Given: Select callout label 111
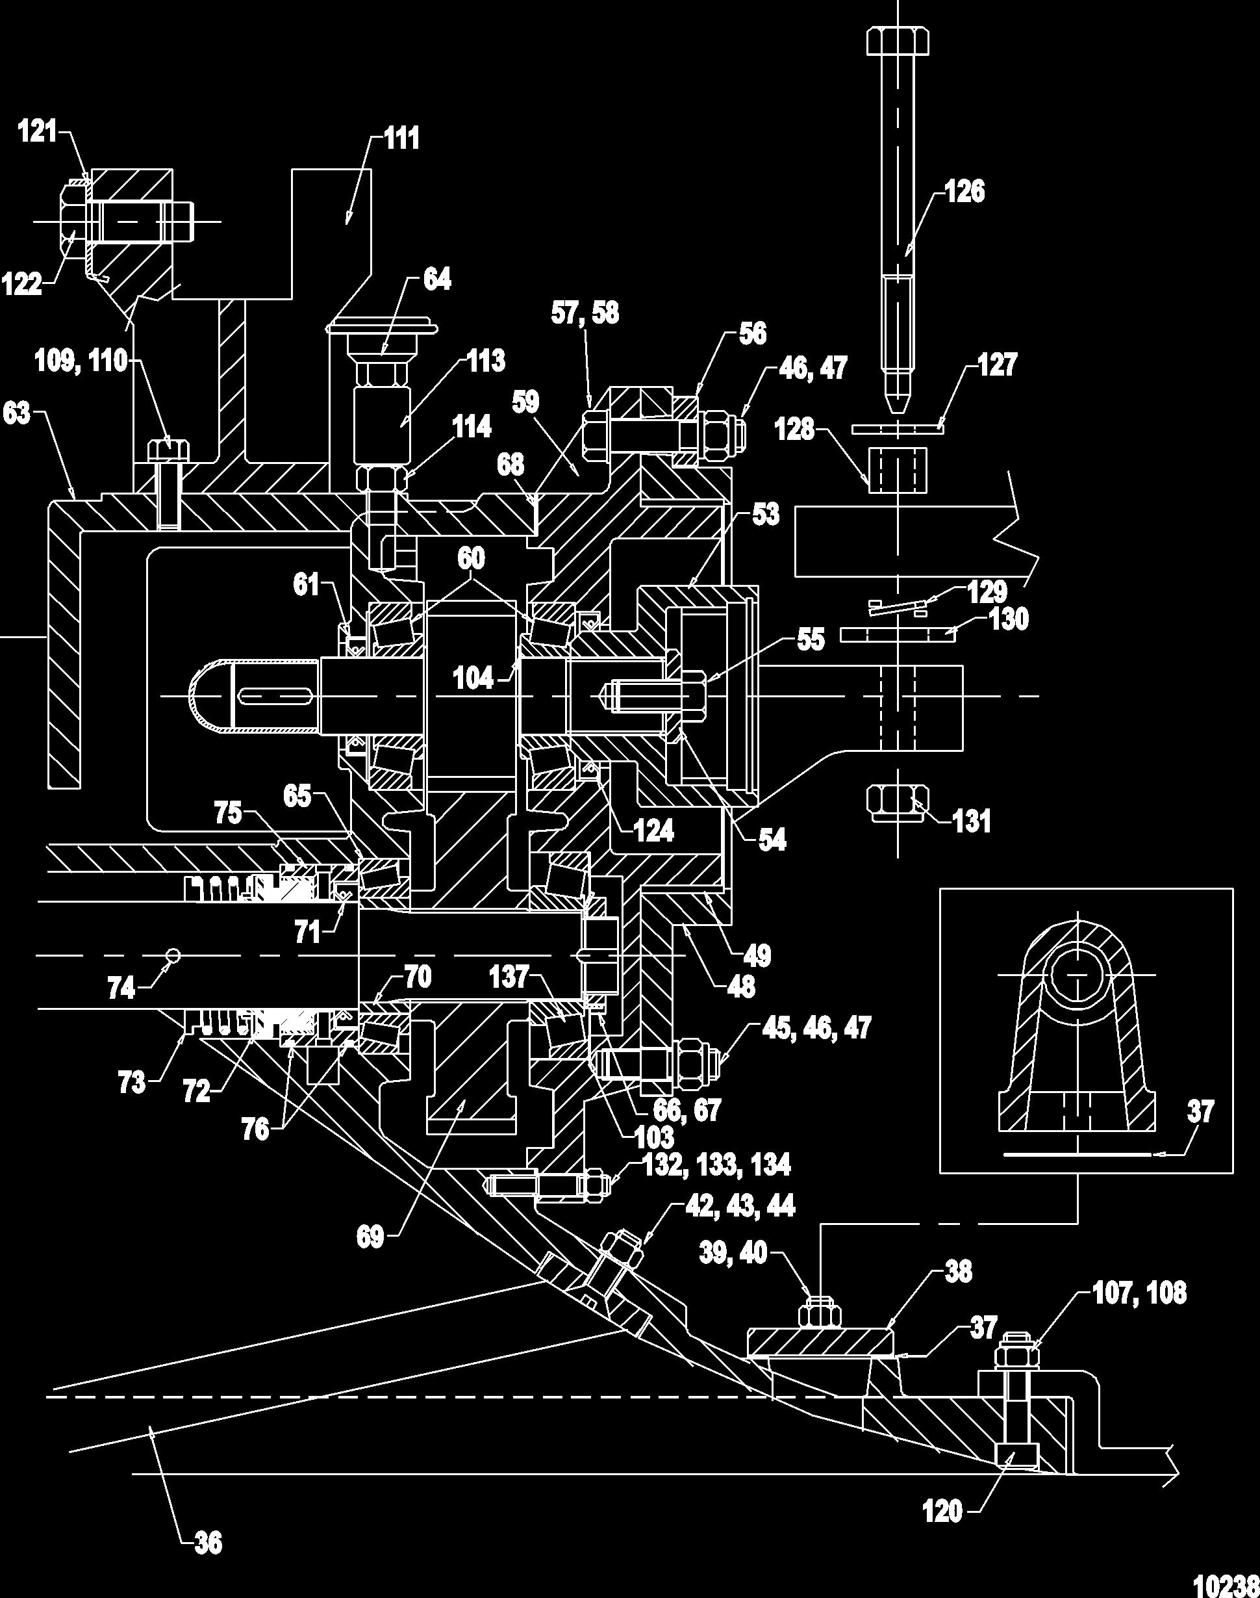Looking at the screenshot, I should pyautogui.click(x=401, y=138).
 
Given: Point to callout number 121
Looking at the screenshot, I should pyautogui.click(x=38, y=132).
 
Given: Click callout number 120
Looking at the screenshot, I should pyautogui.click(x=943, y=1512).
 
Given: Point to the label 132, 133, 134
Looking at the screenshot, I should pyautogui.click(x=716, y=1164).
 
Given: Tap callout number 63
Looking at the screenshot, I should pyautogui.click(x=17, y=413).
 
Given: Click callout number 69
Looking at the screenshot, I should pyautogui.click(x=371, y=1236).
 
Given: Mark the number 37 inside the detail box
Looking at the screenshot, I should pyautogui.click(x=1200, y=1111).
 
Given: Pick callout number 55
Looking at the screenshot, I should pyautogui.click(x=811, y=640).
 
